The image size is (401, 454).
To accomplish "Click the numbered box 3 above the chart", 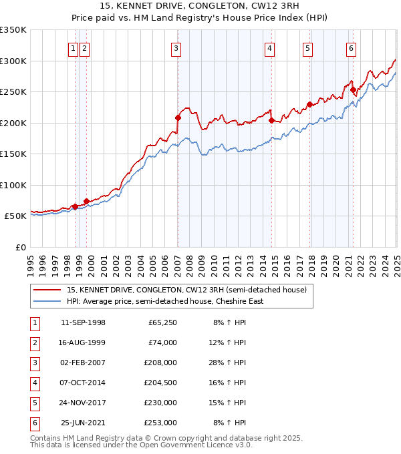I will click(x=175, y=47).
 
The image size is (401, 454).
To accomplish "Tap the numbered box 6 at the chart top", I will click(x=351, y=47).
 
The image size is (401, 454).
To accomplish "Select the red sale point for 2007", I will click(x=178, y=118).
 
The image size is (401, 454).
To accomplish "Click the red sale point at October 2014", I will click(x=272, y=120).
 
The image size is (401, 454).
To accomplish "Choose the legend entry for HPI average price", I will click(x=165, y=301).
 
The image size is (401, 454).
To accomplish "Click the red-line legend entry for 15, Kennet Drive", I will click(x=186, y=290).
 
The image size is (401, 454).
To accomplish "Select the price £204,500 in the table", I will click(x=161, y=383).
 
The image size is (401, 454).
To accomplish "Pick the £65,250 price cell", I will click(x=162, y=323).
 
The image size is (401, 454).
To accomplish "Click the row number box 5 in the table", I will click(x=34, y=403).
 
